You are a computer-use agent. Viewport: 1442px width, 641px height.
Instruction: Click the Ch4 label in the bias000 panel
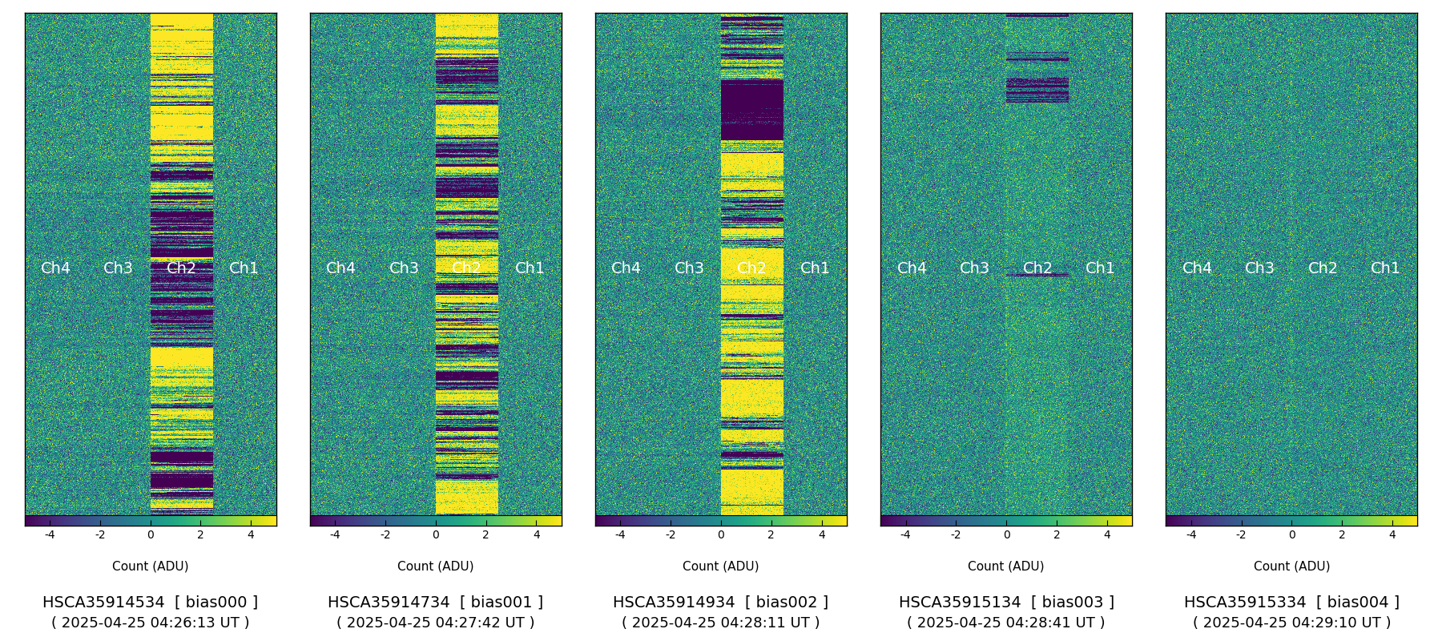pyautogui.click(x=55, y=268)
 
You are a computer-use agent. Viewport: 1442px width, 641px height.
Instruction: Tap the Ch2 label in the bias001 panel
pyautogui.click(x=466, y=268)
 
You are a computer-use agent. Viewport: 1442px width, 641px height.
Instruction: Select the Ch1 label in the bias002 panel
pyautogui.click(x=815, y=268)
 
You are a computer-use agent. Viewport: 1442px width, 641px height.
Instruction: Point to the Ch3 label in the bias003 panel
pyautogui.click(x=974, y=268)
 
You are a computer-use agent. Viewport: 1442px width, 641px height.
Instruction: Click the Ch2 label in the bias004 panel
pyautogui.click(x=1322, y=268)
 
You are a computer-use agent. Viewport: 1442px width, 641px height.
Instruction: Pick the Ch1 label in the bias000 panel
pyautogui.click(x=244, y=268)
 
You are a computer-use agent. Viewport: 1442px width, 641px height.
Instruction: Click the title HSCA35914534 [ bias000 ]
pyautogui.click(x=150, y=603)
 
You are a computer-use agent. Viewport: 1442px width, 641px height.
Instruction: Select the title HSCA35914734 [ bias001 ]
pyautogui.click(x=435, y=603)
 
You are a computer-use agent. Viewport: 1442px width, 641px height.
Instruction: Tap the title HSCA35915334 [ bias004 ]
pyautogui.click(x=1291, y=603)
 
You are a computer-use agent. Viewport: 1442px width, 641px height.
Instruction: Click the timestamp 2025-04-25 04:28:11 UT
pyautogui.click(x=720, y=623)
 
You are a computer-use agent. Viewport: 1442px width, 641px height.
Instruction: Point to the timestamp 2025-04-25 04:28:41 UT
pyautogui.click(x=1005, y=623)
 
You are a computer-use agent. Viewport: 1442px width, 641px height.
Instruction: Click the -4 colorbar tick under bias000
pyautogui.click(x=50, y=534)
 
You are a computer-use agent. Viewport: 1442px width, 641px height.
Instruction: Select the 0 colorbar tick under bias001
pyautogui.click(x=436, y=534)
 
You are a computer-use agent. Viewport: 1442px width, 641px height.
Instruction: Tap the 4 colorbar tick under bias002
pyautogui.click(x=822, y=534)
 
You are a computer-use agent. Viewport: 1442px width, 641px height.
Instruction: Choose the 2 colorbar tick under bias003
pyautogui.click(x=1057, y=534)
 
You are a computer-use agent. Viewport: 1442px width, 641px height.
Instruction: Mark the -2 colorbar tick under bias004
pyautogui.click(x=1241, y=534)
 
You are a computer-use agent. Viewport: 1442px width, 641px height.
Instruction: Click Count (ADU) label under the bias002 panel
pyautogui.click(x=720, y=566)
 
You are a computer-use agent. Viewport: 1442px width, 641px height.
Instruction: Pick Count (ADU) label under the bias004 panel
pyautogui.click(x=1291, y=566)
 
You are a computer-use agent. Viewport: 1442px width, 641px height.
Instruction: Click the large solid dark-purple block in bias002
pyautogui.click(x=751, y=110)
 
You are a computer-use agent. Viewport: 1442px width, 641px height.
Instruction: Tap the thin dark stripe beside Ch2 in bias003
pyautogui.click(x=1037, y=276)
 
